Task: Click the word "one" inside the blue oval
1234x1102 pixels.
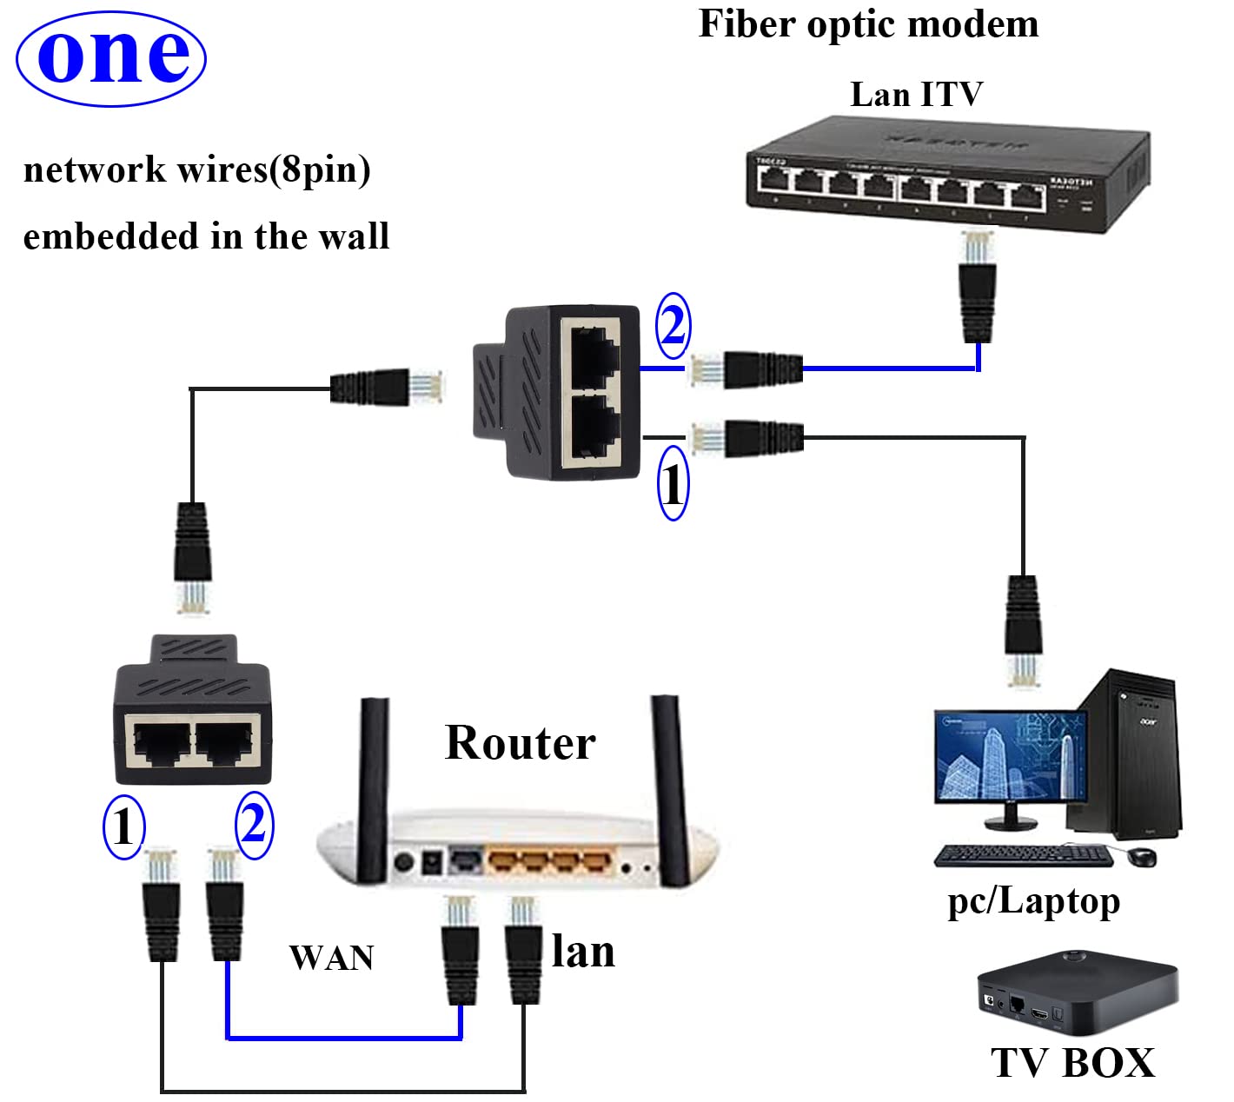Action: tap(112, 57)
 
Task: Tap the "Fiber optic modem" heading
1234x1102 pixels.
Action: tap(868, 24)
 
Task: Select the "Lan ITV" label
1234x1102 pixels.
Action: tap(916, 94)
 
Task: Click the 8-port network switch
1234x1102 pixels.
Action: tap(947, 174)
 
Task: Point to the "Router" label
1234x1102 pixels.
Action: tap(520, 743)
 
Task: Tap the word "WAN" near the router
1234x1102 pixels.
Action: tap(331, 958)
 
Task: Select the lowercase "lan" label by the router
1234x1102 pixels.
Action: tap(583, 952)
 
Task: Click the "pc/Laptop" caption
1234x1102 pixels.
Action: tap(1033, 901)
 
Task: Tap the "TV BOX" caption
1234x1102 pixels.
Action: tap(1072, 1063)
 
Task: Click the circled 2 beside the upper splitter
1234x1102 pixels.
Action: tap(673, 326)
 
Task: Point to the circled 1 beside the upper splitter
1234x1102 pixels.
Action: tap(673, 483)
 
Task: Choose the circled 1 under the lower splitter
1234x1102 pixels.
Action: tap(123, 826)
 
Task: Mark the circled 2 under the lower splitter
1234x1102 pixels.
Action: tap(254, 824)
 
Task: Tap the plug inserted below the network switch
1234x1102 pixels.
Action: tap(978, 287)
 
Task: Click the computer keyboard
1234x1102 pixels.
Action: tap(1024, 856)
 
